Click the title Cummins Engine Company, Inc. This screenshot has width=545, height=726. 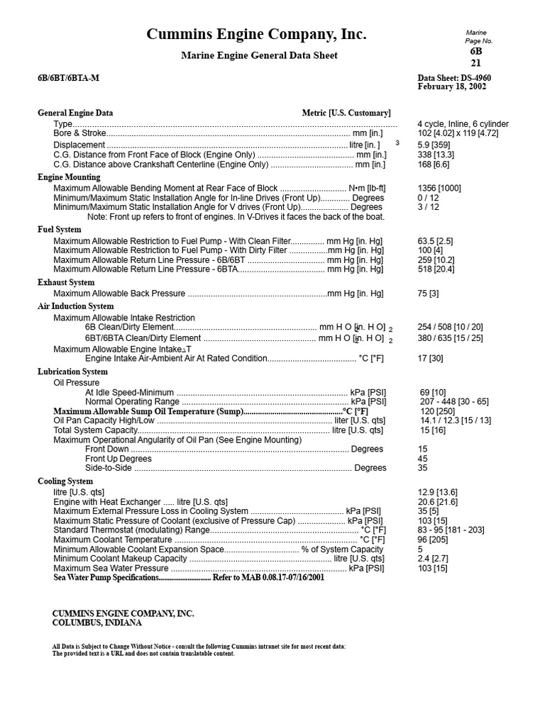[x=257, y=35]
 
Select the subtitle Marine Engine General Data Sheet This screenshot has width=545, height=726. [x=260, y=55]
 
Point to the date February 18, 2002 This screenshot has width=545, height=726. [x=452, y=87]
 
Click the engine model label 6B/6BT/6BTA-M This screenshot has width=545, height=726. [x=69, y=78]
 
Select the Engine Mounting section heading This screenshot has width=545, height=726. [x=69, y=177]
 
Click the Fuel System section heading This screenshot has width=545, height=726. [x=60, y=230]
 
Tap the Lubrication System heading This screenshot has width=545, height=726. [x=72, y=372]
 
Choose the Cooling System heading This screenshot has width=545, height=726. [x=65, y=481]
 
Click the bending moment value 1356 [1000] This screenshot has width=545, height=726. [x=439, y=188]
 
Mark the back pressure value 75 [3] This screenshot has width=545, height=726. [x=429, y=294]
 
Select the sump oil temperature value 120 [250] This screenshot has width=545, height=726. [x=438, y=411]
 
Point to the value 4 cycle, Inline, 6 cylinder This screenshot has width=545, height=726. [x=463, y=123]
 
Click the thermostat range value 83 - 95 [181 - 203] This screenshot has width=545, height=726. [x=451, y=530]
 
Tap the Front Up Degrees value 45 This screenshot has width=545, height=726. [x=423, y=459]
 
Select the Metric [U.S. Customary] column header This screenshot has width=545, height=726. [x=346, y=113]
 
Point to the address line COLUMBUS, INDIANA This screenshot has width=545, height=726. [x=97, y=623]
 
